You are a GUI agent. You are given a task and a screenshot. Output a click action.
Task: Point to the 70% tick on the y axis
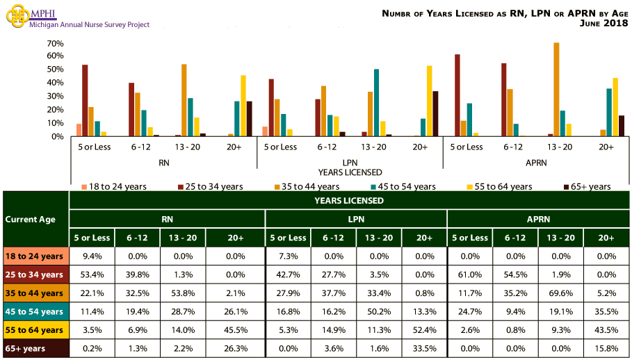point(55,43)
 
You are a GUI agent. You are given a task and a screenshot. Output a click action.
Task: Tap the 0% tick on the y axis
point(58,136)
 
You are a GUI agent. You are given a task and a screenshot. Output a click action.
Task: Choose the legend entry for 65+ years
point(587,186)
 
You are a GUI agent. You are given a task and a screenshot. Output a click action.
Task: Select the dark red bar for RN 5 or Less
point(85,100)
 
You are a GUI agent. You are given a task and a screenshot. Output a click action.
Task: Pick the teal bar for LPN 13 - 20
point(376,102)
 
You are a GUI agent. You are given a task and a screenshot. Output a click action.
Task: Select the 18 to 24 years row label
point(35,256)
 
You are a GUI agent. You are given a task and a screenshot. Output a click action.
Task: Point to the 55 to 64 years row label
point(35,329)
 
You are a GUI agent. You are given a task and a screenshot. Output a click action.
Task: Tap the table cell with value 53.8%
point(184,292)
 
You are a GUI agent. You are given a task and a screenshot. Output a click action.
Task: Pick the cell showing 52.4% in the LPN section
point(423,329)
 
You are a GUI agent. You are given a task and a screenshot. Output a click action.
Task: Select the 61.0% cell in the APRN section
point(470,274)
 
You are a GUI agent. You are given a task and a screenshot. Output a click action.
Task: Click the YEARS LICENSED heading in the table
point(350,200)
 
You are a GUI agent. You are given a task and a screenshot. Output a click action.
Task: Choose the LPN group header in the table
point(355,219)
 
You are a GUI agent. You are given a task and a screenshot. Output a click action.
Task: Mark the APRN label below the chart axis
point(537,163)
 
